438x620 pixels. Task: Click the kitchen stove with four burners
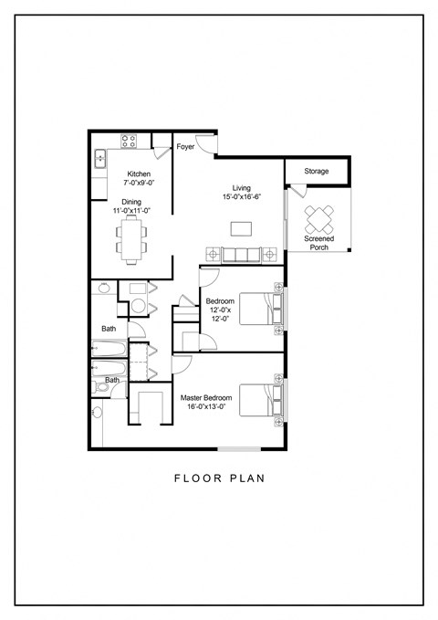click(x=129, y=141)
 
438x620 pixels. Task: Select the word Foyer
click(x=185, y=146)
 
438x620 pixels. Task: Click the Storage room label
click(x=317, y=171)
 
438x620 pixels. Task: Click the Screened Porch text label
click(x=318, y=243)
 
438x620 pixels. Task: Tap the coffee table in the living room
click(x=241, y=226)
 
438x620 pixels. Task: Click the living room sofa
click(x=241, y=254)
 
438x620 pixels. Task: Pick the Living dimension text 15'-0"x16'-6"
click(x=241, y=197)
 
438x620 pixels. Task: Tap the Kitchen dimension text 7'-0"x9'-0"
click(x=138, y=184)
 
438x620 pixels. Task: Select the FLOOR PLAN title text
click(x=218, y=477)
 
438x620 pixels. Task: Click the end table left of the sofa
click(x=212, y=254)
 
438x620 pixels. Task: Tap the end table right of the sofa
click(x=270, y=254)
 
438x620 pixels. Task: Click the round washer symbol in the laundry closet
click(x=139, y=305)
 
